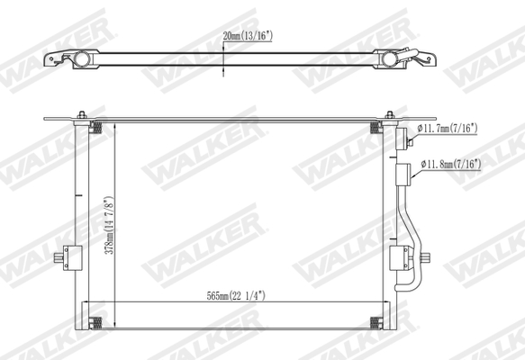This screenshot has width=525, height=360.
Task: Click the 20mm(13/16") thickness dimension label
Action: coord(247,36)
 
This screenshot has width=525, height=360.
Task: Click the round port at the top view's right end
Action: coord(390,59)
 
